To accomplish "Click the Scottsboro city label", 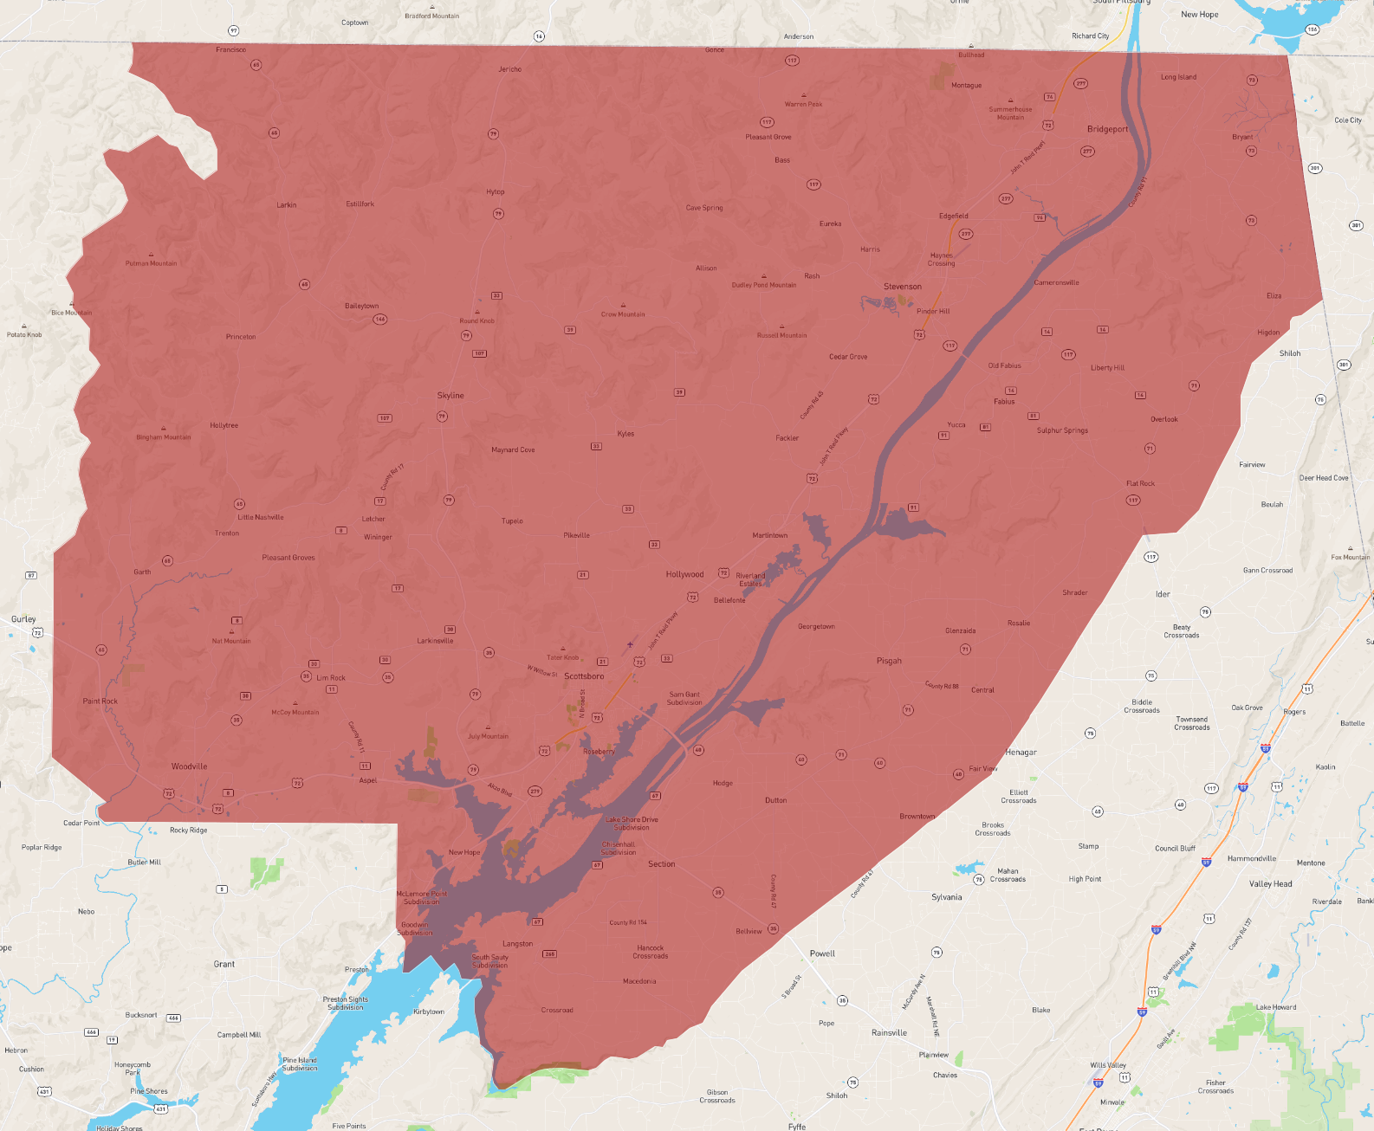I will [584, 676].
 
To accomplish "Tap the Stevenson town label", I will [902, 287].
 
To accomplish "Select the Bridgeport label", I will [1107, 129].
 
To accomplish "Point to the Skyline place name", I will [450, 396].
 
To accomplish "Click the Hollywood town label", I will [684, 574].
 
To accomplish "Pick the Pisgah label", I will [889, 661].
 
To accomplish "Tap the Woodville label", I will [189, 766].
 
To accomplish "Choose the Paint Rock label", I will [100, 701].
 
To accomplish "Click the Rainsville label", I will [889, 1032].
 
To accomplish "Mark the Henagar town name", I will [1021, 753].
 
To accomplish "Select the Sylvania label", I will [946, 897].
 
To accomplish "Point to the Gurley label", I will [23, 619].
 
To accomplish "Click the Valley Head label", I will [1270, 884].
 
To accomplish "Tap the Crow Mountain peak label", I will [623, 314].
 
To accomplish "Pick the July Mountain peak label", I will [488, 736].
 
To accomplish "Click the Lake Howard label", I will [1276, 1007].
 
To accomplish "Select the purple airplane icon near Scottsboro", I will [630, 644].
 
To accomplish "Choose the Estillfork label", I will [360, 204].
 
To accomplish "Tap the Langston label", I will [517, 944].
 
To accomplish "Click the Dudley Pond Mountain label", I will [763, 285].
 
